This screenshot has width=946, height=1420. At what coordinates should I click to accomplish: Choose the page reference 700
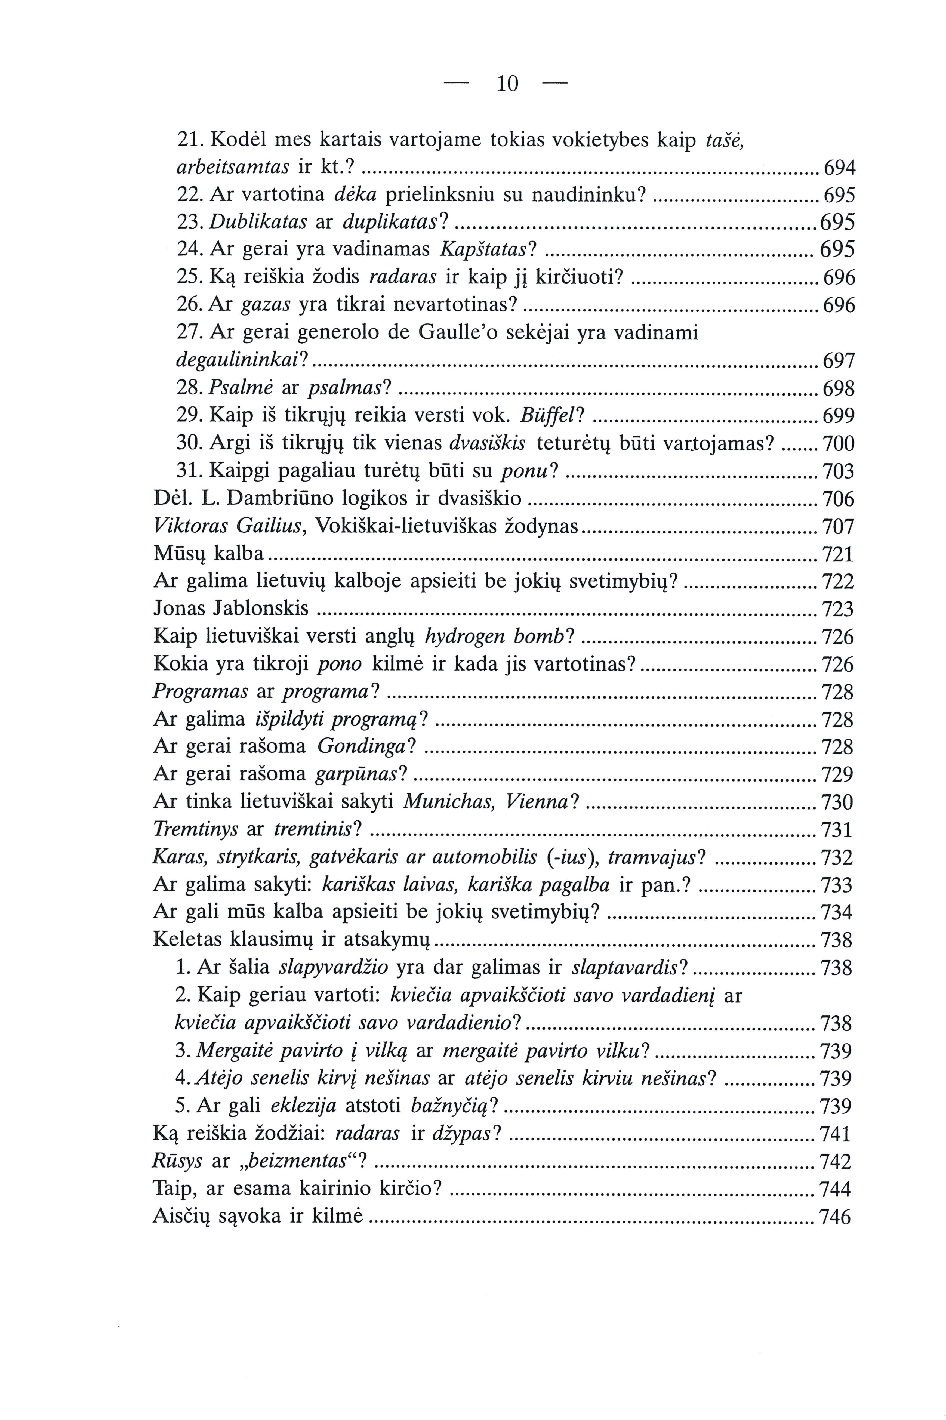click(839, 444)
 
